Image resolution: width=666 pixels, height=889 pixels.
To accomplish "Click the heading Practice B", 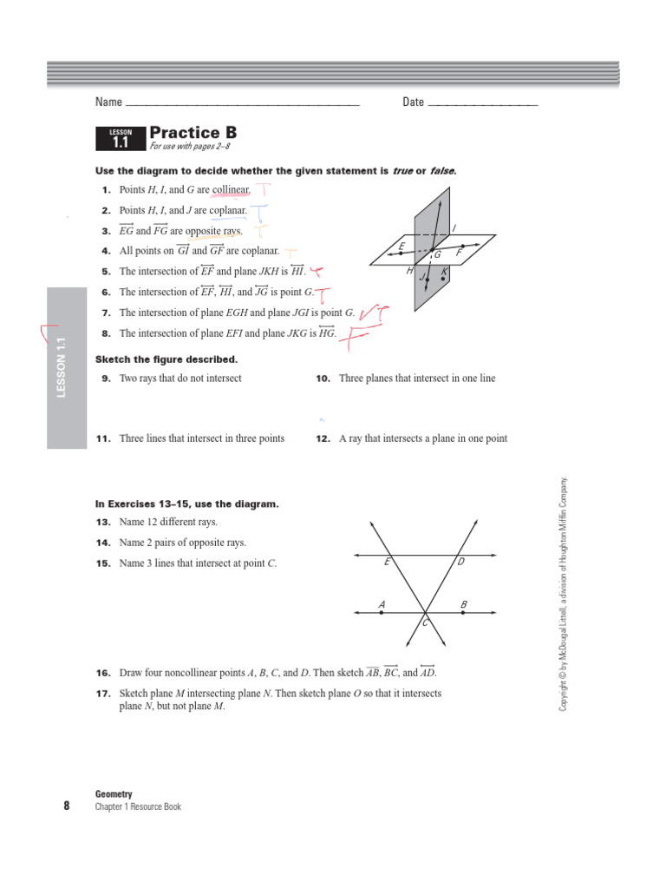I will (193, 133).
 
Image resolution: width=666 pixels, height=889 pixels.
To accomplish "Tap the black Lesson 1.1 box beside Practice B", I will (120, 138).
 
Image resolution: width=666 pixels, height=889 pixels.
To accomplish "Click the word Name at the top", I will (108, 102).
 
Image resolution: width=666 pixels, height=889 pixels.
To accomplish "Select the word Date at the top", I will (413, 102).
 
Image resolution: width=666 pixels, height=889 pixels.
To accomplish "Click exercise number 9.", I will (107, 379).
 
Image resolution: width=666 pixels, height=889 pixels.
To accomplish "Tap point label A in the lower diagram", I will (382, 603).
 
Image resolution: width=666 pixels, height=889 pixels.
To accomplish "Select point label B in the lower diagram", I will (464, 603).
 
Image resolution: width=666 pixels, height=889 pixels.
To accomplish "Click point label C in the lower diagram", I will (425, 624).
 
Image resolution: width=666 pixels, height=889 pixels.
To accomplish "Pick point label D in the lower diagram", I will (461, 563).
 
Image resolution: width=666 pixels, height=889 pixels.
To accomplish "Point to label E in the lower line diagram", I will (387, 563).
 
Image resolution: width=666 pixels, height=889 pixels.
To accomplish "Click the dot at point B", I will (464, 613).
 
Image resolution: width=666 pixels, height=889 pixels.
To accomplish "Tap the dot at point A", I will (382, 613).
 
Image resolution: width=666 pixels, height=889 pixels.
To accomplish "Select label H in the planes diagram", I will (409, 271).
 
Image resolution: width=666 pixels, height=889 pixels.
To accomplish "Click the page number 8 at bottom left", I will (66, 806).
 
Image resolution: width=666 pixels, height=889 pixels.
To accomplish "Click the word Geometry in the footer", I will (114, 794).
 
